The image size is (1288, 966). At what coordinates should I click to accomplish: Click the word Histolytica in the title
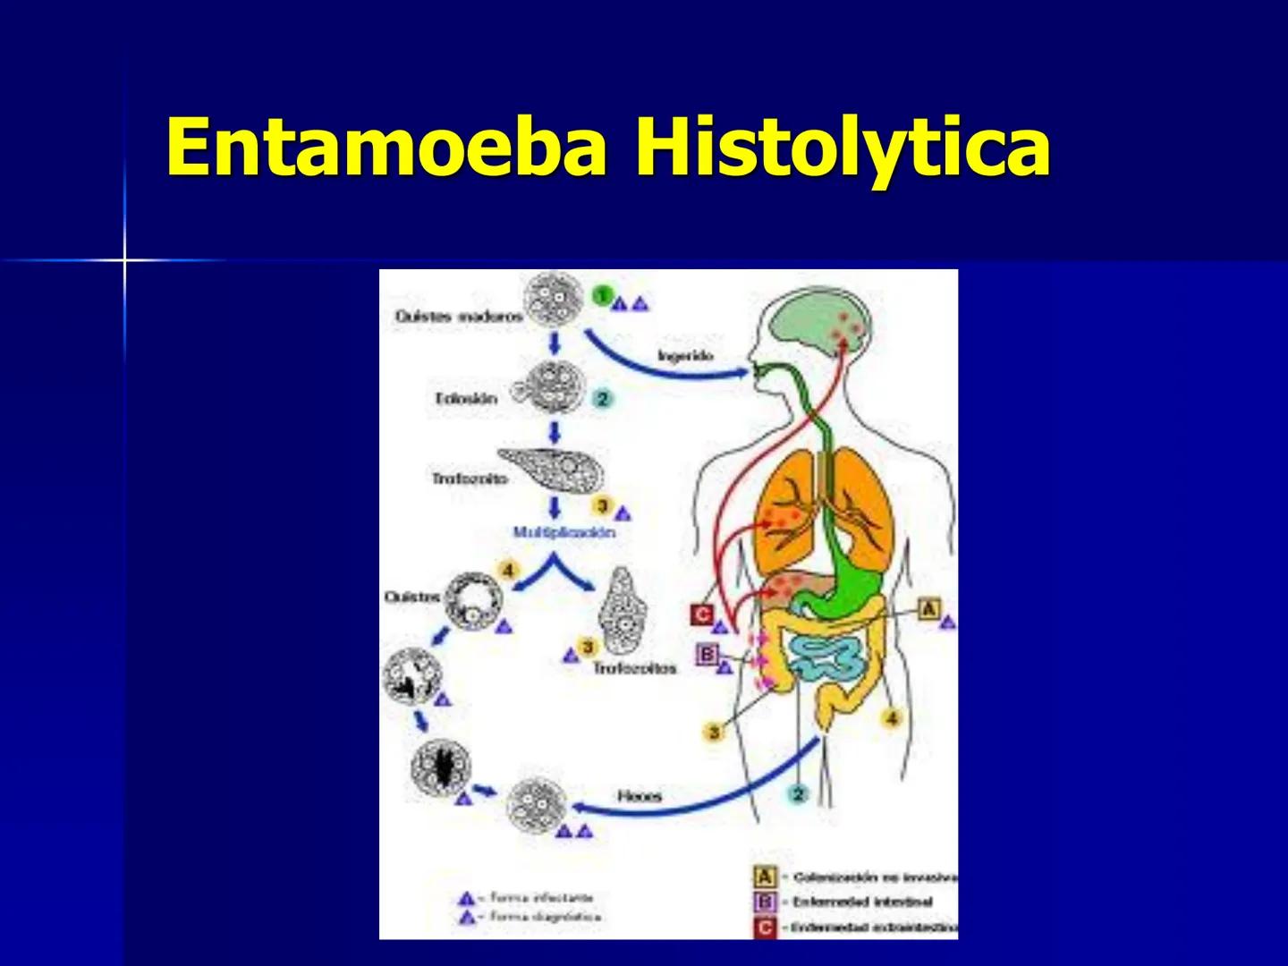click(843, 148)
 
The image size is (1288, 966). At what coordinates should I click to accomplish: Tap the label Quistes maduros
click(459, 317)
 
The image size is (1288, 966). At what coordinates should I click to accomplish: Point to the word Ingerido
click(686, 356)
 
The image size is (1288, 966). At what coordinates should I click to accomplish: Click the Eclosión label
click(466, 398)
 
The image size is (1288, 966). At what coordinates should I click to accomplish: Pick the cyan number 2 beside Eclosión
click(602, 399)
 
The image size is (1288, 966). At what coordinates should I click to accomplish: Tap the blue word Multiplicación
click(563, 532)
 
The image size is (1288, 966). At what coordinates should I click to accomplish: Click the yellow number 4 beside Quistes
click(508, 571)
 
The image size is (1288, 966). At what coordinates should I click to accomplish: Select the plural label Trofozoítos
click(635, 668)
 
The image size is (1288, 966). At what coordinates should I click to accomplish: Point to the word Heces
click(640, 795)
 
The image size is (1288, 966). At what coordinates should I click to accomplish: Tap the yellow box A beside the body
click(929, 609)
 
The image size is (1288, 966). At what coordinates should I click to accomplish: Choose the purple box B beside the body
click(708, 655)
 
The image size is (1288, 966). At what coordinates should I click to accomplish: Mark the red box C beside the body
click(702, 615)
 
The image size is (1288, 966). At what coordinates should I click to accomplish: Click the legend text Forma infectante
click(541, 897)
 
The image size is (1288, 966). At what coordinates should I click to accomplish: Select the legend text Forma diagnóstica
click(546, 917)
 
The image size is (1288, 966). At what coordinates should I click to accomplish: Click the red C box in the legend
click(765, 928)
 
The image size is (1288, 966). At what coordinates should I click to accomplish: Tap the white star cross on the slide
click(125, 260)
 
